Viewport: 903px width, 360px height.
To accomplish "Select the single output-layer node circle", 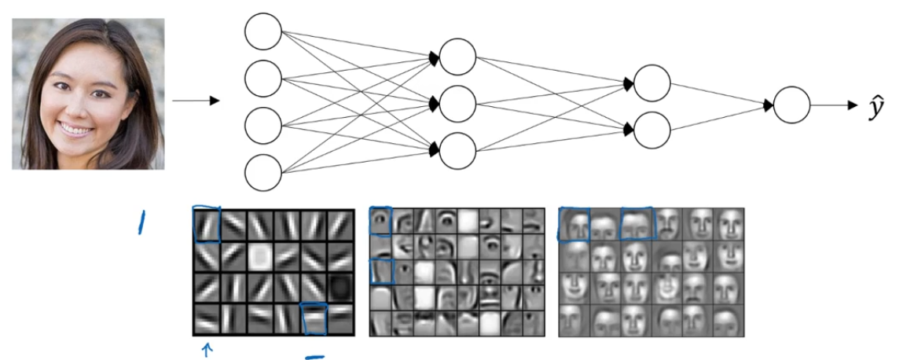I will click(x=791, y=105).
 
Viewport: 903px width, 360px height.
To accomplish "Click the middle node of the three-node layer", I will click(x=457, y=103).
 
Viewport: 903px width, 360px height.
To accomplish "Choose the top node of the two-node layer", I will click(x=652, y=83).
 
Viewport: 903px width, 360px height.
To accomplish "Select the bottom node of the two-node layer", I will click(x=652, y=130).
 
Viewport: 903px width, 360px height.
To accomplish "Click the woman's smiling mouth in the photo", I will click(x=77, y=127).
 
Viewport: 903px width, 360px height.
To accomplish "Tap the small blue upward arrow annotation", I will click(x=207, y=350).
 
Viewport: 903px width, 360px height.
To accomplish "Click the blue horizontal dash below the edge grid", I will click(x=314, y=358).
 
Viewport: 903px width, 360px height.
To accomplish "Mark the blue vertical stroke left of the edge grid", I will click(x=141, y=225).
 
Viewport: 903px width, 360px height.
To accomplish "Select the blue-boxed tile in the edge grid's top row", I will click(x=207, y=225).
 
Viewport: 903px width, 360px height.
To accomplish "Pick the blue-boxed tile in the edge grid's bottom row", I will click(x=314, y=319).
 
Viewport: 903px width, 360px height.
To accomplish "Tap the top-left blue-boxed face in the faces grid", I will click(x=574, y=225).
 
